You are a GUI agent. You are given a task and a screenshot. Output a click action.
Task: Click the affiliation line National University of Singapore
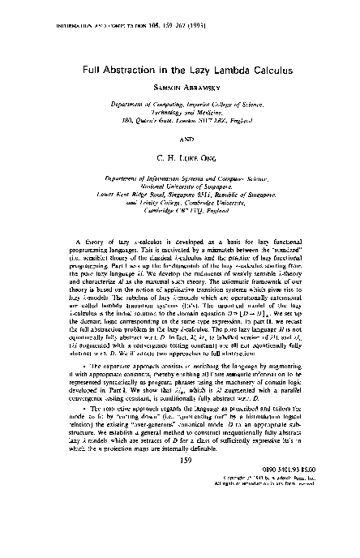pos(180,187)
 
